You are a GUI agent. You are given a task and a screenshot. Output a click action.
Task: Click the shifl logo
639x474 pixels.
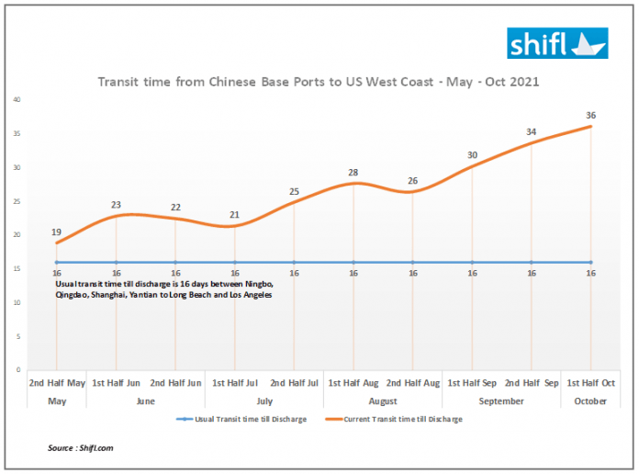pyautogui.click(x=558, y=43)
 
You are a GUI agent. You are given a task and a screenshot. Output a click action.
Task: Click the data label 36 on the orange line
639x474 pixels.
pyautogui.click(x=590, y=115)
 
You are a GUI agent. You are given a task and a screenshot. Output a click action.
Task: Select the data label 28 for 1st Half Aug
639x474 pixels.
pyautogui.click(x=353, y=173)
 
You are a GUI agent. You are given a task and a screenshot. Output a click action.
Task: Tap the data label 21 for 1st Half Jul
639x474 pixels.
pyautogui.click(x=235, y=215)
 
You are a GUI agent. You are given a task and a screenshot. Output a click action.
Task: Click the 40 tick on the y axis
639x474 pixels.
pyautogui.click(x=17, y=99)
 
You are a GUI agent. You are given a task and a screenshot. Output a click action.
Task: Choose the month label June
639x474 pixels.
pyautogui.click(x=146, y=401)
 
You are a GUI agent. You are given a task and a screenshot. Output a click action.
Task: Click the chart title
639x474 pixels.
pyautogui.click(x=318, y=82)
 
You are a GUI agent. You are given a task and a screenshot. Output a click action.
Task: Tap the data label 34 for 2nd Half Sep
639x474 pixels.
pyautogui.click(x=532, y=132)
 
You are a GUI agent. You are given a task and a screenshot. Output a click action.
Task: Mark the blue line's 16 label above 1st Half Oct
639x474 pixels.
pyautogui.click(x=590, y=274)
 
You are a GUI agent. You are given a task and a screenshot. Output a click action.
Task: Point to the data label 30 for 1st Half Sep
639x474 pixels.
pyautogui.click(x=472, y=155)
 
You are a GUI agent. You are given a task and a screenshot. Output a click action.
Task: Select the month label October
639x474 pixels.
pyautogui.click(x=590, y=401)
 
